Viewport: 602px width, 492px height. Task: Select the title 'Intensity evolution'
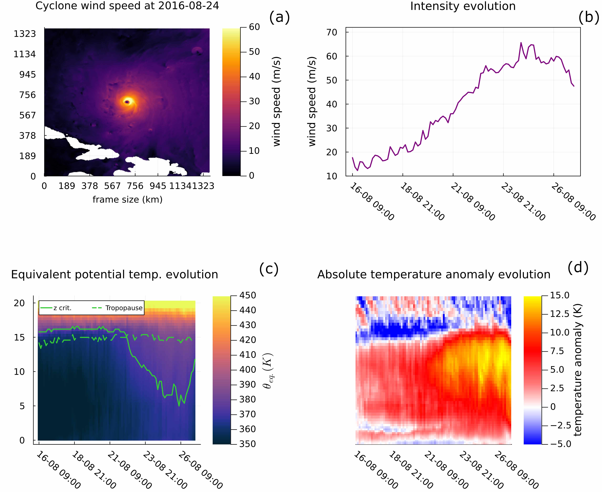point(463,6)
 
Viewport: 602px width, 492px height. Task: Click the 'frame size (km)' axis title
point(127,200)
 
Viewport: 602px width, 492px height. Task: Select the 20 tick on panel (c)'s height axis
point(19,303)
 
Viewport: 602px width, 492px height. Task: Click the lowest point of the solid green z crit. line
point(179,406)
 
